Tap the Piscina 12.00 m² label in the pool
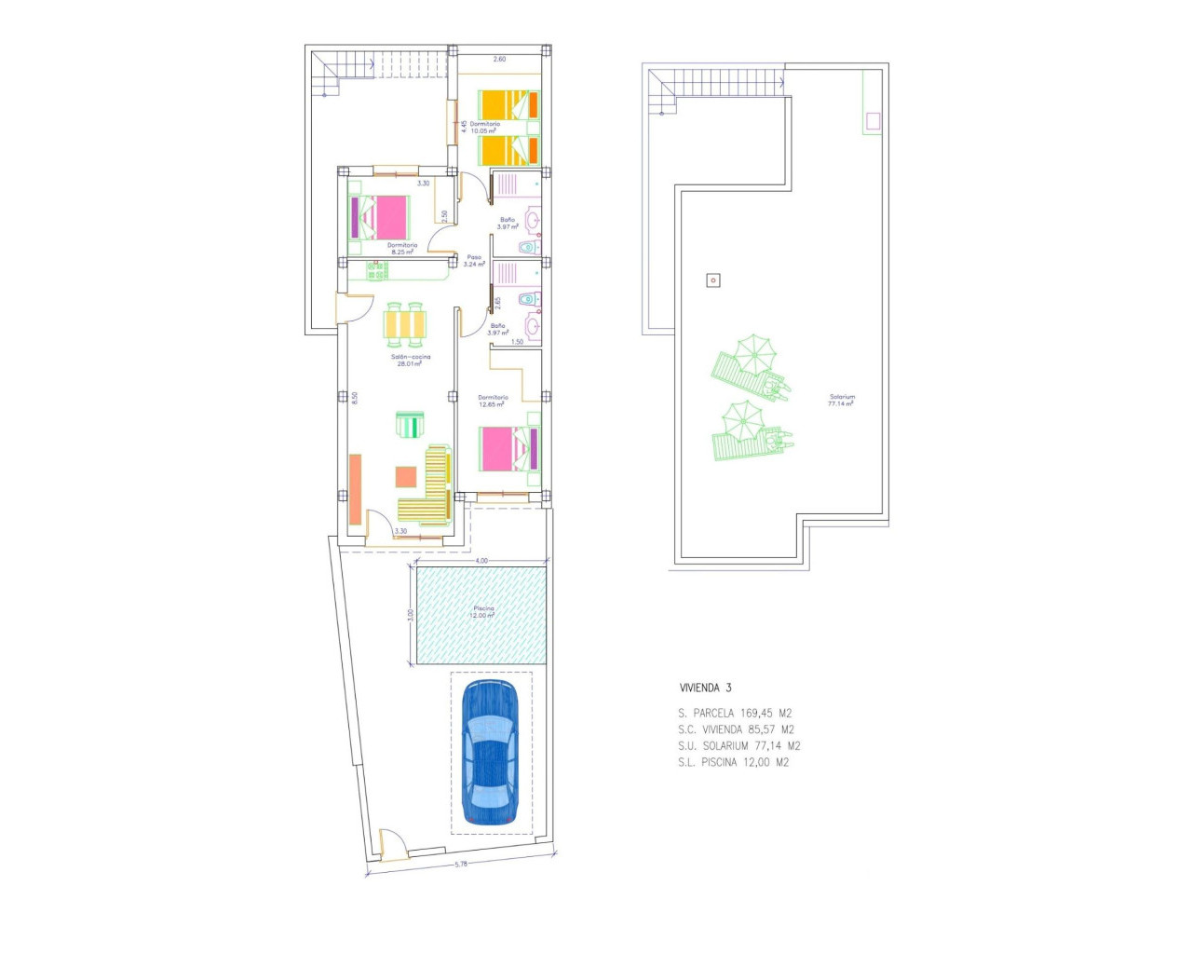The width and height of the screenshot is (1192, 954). pos(482,612)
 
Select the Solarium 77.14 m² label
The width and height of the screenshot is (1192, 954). pos(842,401)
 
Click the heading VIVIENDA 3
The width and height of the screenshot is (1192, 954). pos(705,688)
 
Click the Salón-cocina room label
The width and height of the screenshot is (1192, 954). pos(410,360)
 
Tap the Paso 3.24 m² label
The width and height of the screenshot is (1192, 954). pos(474,261)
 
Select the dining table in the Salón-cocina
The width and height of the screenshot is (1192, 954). pos(405,323)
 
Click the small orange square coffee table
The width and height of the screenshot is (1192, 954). pos(405,477)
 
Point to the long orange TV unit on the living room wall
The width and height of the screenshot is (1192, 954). pos(355,490)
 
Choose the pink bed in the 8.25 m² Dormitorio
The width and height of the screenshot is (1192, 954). pos(380,217)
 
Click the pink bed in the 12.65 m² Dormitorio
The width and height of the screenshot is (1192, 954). pos(508,449)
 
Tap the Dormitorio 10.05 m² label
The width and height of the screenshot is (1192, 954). pos(484,128)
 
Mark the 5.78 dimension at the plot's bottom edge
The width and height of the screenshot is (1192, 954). pos(461,864)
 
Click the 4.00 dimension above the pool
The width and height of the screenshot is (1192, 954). pos(481,561)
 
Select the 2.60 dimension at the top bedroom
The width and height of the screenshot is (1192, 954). pos(499,59)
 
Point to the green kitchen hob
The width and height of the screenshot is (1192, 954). pos(376,271)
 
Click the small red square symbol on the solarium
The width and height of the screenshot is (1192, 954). pos(713,279)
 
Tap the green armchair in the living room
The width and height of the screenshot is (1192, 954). pos(409,425)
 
